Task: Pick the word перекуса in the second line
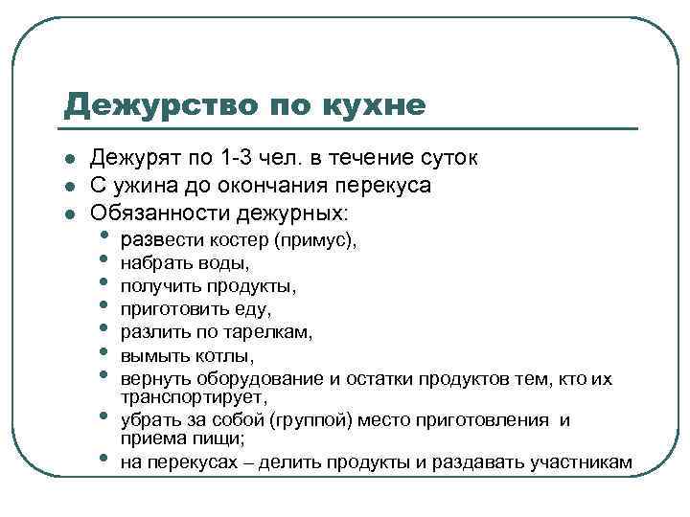click(x=383, y=184)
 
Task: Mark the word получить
click(x=157, y=285)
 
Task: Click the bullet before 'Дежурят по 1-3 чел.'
click(x=71, y=159)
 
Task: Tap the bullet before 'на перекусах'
click(x=103, y=461)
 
